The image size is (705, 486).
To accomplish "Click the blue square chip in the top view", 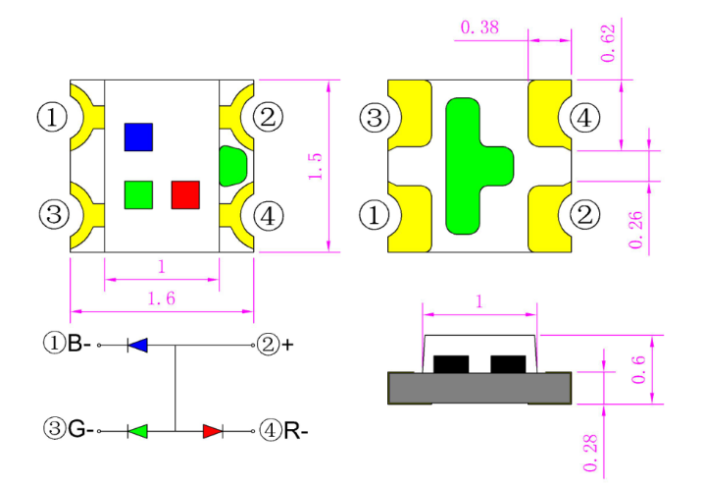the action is tap(138, 136).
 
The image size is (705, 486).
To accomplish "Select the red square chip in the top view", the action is tap(185, 195).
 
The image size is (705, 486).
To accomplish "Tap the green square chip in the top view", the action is tap(138, 195).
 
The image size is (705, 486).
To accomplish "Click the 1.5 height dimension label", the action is tap(315, 166).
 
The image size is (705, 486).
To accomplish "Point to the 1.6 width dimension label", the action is tap(162, 298).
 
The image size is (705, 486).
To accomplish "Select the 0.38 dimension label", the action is tap(479, 27).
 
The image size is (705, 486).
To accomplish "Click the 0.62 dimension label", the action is tap(608, 43).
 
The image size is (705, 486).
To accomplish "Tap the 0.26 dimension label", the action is tap(635, 230).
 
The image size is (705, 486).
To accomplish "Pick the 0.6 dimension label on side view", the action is tap(638, 370).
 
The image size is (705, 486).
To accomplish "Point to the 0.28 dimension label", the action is tap(590, 454).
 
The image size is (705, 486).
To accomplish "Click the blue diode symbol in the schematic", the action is tap(137, 346).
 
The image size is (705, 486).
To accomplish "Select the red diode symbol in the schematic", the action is tap(213, 431).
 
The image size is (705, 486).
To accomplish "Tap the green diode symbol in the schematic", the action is tap(137, 431).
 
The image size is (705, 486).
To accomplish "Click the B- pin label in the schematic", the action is tap(79, 344).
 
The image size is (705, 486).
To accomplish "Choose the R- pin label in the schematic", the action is tap(296, 431).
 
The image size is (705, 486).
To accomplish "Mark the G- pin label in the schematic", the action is tap(81, 429).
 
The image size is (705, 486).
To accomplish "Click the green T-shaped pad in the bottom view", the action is tap(479, 166).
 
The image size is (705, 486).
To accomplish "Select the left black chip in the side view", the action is tap(451, 364).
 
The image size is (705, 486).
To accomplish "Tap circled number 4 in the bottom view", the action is tap(584, 119).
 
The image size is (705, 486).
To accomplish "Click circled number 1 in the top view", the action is tap(52, 117).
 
